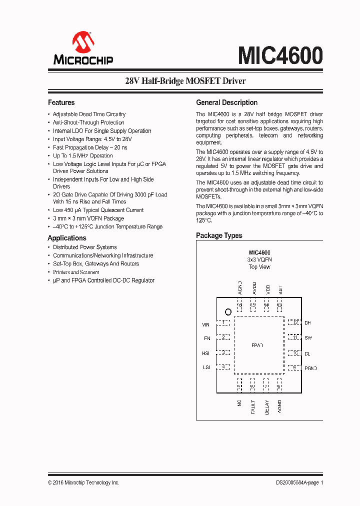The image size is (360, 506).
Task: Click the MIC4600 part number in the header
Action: (280, 55)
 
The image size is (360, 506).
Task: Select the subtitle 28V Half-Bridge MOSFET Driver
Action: (185, 80)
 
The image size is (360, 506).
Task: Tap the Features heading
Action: (61, 102)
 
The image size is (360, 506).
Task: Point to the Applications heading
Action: (67, 238)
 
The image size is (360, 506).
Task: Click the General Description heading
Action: (226, 102)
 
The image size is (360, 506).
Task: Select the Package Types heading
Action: (219, 235)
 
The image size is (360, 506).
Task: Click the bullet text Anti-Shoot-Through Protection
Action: (88, 122)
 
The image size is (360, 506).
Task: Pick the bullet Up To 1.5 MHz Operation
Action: (83, 155)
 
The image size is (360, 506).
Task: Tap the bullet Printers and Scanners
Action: (76, 272)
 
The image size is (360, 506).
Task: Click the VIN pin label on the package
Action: (206, 324)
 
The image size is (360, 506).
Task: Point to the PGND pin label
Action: (310, 368)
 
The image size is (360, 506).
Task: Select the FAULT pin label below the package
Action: (253, 407)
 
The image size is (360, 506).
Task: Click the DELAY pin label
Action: (266, 407)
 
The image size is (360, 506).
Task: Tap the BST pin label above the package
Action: (280, 290)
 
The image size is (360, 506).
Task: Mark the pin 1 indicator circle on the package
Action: (228, 311)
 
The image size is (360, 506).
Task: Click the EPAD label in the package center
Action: (257, 345)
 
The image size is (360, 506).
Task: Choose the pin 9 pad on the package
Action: (294, 367)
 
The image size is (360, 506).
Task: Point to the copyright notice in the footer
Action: (83, 482)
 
